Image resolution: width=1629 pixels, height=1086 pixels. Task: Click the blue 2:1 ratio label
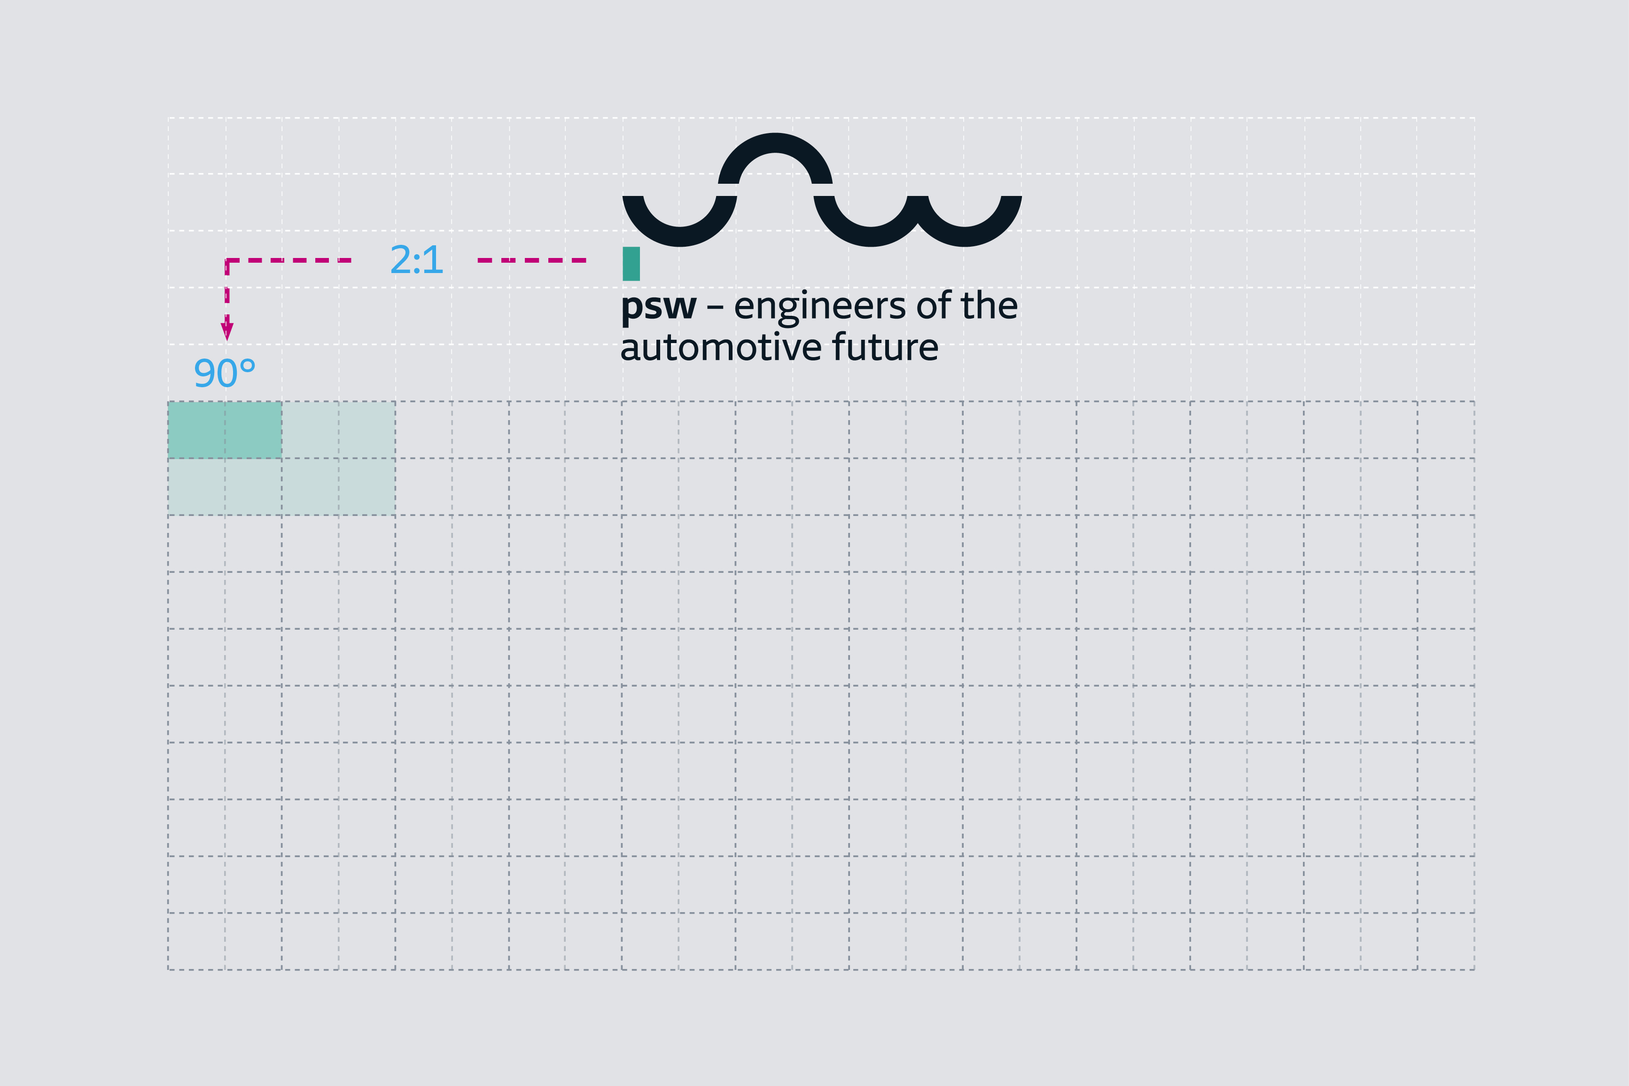click(x=416, y=260)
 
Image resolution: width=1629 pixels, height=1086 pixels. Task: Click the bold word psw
click(x=658, y=307)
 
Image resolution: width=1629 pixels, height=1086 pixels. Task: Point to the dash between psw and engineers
click(x=715, y=307)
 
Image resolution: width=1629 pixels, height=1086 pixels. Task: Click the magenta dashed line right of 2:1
click(x=532, y=260)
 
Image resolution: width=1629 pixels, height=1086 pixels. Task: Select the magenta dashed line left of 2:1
click(x=291, y=260)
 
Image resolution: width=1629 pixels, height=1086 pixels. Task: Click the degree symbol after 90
click(x=247, y=365)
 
